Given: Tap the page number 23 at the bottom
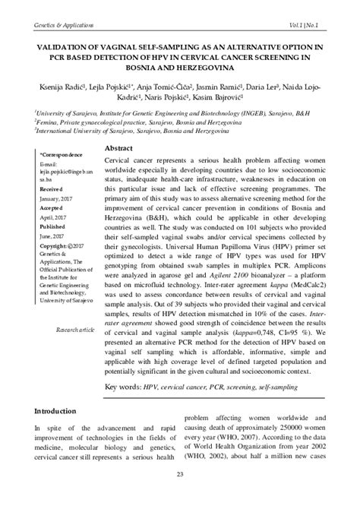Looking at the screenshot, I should pos(180,475).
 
